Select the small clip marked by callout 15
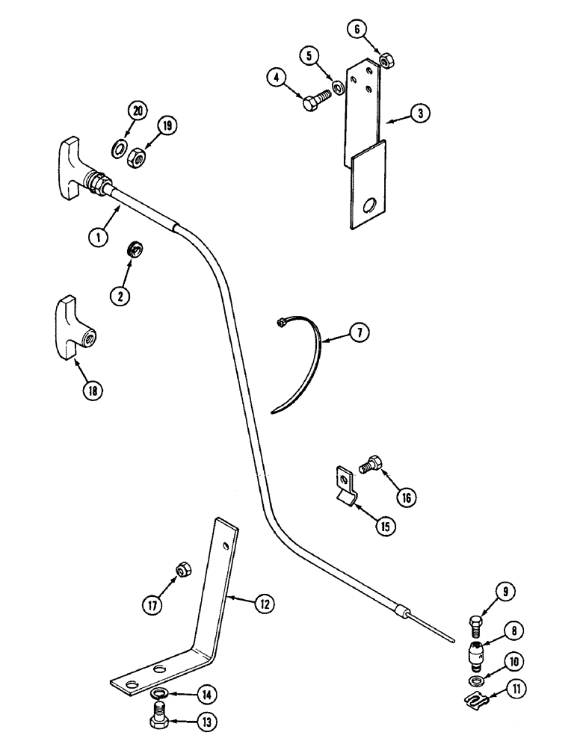tap(344, 486)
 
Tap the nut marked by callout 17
tap(181, 572)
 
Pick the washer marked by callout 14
tap(159, 695)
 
